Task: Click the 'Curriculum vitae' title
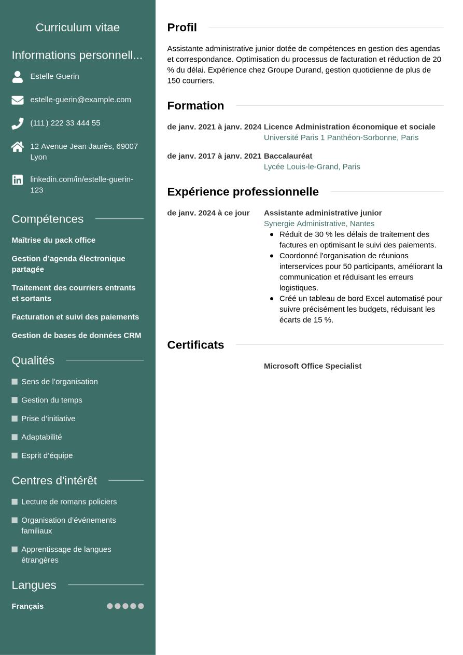click(x=78, y=27)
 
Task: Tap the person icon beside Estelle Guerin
click(x=18, y=77)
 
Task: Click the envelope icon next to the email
click(x=18, y=100)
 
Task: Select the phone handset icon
click(x=18, y=123)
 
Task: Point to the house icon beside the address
click(x=18, y=147)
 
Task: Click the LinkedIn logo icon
click(x=18, y=180)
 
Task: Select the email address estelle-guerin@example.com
click(x=80, y=100)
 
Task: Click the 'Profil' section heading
click(x=182, y=27)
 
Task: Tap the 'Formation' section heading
click(x=195, y=106)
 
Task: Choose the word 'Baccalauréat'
click(x=288, y=156)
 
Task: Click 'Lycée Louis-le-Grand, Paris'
click(x=312, y=166)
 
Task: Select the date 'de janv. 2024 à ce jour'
click(x=208, y=213)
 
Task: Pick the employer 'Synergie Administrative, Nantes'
click(x=319, y=224)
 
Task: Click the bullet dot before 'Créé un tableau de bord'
click(x=272, y=299)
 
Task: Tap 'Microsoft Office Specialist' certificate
click(x=313, y=366)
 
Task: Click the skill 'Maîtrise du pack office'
click(x=53, y=240)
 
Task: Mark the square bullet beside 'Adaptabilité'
click(x=15, y=437)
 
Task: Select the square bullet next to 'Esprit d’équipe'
click(x=15, y=456)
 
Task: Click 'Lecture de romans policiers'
click(x=69, y=501)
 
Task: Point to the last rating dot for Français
click(x=141, y=606)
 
